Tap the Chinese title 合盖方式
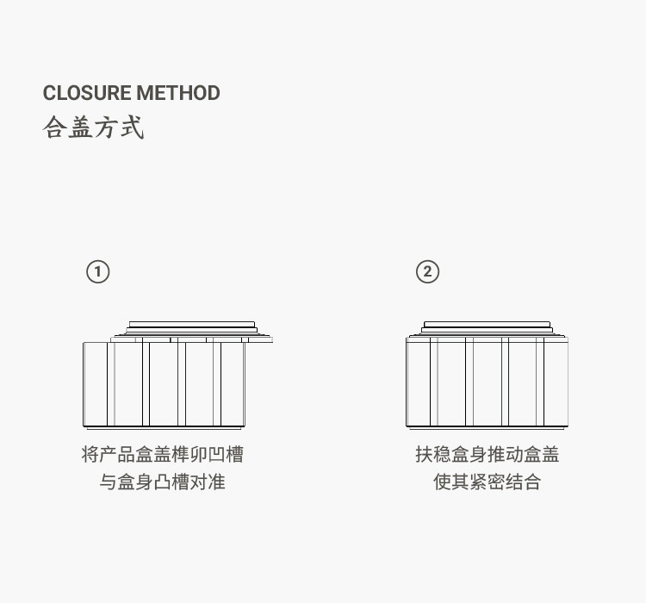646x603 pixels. [93, 128]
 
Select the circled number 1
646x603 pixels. [98, 272]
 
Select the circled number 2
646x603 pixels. [427, 272]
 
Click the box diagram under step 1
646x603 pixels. [164, 383]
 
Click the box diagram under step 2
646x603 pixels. [487, 383]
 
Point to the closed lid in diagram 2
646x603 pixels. [487, 330]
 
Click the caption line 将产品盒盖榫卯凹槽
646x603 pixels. [163, 454]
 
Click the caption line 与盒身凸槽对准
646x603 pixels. [163, 482]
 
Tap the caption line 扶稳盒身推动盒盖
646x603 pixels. [487, 454]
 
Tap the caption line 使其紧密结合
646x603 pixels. [487, 482]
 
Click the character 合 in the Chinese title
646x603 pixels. [54, 128]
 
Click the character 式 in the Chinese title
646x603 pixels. [132, 128]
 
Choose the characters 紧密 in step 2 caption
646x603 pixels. [487, 482]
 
